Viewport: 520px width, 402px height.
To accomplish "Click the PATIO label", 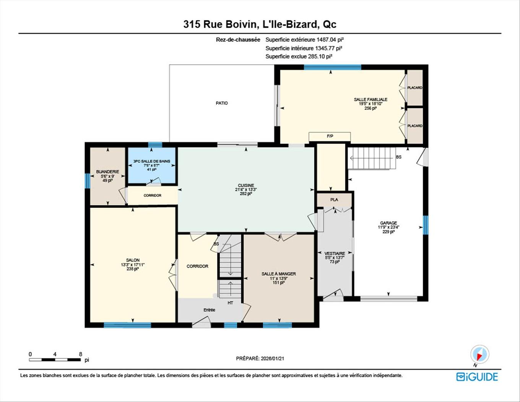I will [x=222, y=103].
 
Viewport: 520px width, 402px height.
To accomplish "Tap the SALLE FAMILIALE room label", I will [x=370, y=100].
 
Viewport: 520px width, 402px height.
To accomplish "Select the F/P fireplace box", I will [x=330, y=137].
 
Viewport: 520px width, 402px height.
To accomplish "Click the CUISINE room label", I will [x=246, y=185].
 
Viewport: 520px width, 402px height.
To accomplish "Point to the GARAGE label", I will [x=388, y=223].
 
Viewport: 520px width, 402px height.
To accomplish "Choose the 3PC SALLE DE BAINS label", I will [x=152, y=161].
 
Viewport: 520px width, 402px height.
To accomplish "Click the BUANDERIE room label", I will [x=107, y=172].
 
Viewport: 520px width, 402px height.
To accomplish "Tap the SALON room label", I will [x=133, y=260].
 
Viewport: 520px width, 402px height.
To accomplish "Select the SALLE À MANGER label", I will [x=279, y=274].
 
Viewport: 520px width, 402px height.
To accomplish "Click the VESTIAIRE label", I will [x=335, y=253].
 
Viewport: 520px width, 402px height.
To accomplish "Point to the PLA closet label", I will [x=334, y=200].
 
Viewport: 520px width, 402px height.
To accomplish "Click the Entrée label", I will [x=209, y=310].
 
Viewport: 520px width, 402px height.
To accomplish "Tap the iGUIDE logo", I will [x=477, y=377].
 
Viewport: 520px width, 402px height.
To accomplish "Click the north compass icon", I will [x=479, y=354].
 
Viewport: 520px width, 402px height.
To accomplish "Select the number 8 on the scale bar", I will [x=80, y=354].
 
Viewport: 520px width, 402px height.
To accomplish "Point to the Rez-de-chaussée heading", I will [x=238, y=39].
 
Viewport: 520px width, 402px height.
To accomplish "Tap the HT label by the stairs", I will [x=230, y=303].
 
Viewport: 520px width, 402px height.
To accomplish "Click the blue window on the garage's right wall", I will [x=425, y=225].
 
